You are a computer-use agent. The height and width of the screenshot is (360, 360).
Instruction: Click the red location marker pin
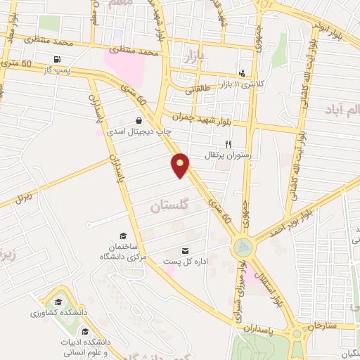pos(181,165)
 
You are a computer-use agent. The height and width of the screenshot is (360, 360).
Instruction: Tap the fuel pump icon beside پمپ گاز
pos(56,59)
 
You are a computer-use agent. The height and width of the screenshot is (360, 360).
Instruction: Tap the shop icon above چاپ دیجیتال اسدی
pos(139,120)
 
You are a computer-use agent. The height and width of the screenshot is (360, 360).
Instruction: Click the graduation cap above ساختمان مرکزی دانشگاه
pos(124,236)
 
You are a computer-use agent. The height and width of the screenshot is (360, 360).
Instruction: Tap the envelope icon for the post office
pos(186,251)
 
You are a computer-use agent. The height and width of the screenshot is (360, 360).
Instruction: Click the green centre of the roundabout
pos(243,247)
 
